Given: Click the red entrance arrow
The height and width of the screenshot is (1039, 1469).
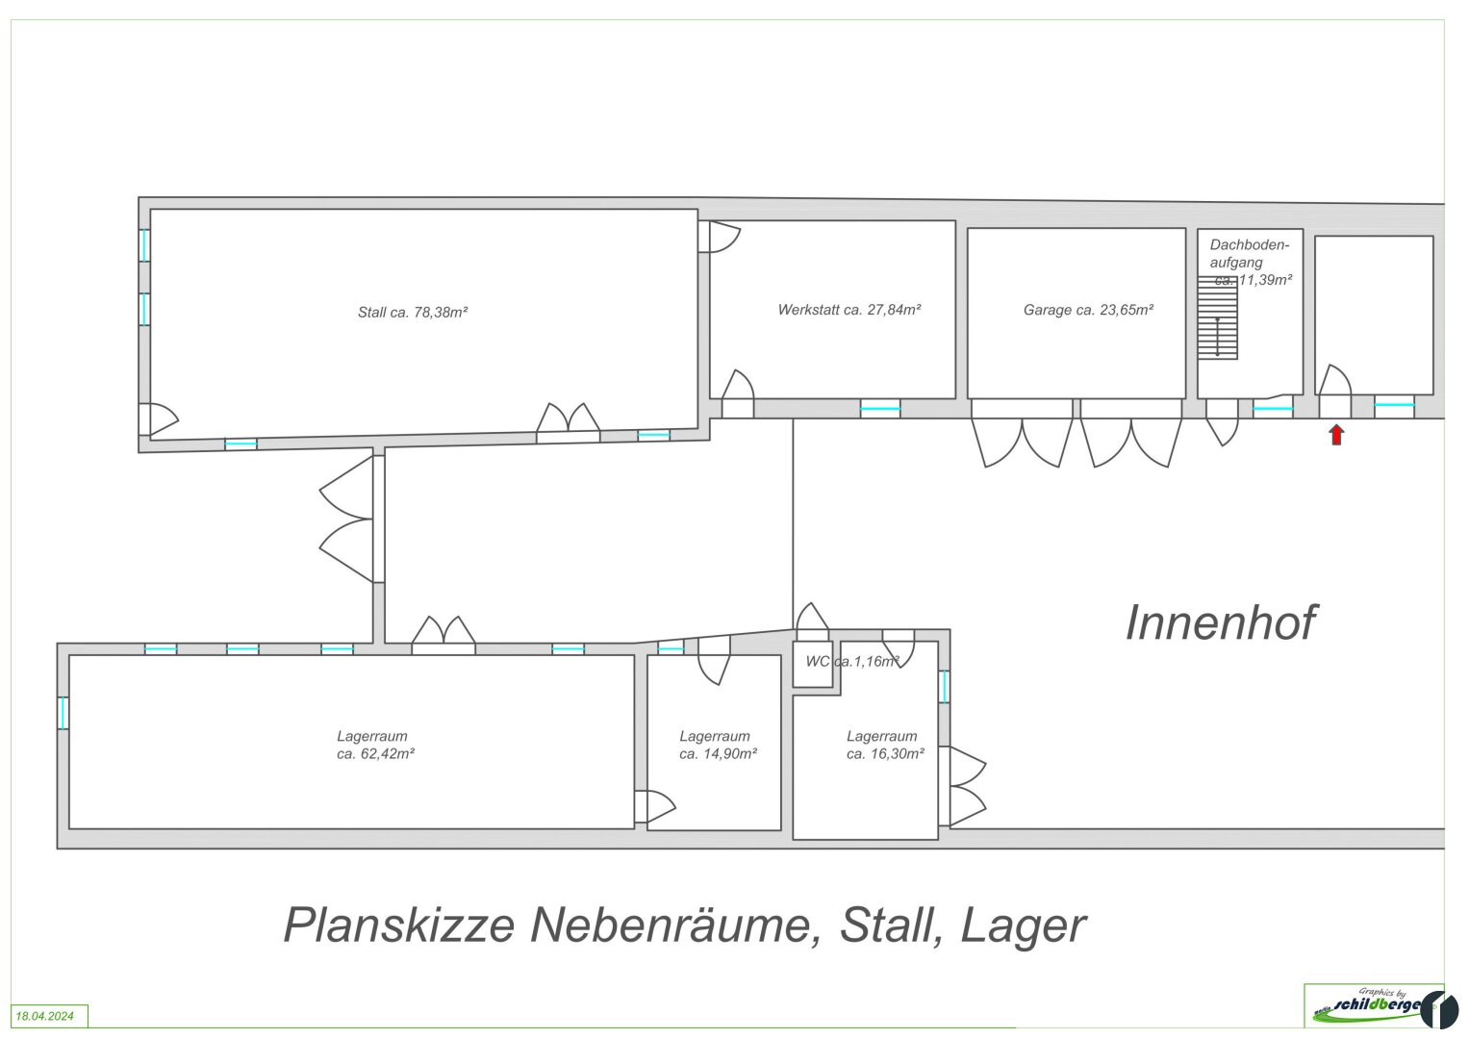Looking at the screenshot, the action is pos(1336,435).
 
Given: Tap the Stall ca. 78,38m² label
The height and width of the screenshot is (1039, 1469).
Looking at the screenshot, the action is pos(413,313).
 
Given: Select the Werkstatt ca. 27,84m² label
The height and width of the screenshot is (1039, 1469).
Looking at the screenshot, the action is pos(849,310).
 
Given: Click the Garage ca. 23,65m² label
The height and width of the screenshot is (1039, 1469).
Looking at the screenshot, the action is pos(1088,310).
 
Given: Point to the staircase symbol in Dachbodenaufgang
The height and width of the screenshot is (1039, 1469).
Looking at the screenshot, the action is pos(1217,317).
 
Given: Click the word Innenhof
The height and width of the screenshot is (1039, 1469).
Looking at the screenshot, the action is pos(1221,622).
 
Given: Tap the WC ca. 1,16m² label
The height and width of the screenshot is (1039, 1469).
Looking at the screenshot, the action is pos(852,661).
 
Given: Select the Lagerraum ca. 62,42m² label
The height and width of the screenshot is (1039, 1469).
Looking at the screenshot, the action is pos(375,746).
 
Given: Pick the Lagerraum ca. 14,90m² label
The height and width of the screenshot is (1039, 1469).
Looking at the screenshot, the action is pos(718,746).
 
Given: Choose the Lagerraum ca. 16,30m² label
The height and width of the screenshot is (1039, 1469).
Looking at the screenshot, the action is pos(885,746).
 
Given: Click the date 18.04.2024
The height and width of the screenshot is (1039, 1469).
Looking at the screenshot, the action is pos(44,1016).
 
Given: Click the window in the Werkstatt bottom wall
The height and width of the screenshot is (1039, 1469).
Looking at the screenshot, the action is pos(880,409).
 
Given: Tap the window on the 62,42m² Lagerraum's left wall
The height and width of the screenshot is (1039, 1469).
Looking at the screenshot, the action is pos(63,713).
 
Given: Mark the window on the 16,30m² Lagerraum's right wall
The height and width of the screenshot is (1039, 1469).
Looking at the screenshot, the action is pos(945,687).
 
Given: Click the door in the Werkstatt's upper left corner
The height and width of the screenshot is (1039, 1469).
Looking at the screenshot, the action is pos(719,237).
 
